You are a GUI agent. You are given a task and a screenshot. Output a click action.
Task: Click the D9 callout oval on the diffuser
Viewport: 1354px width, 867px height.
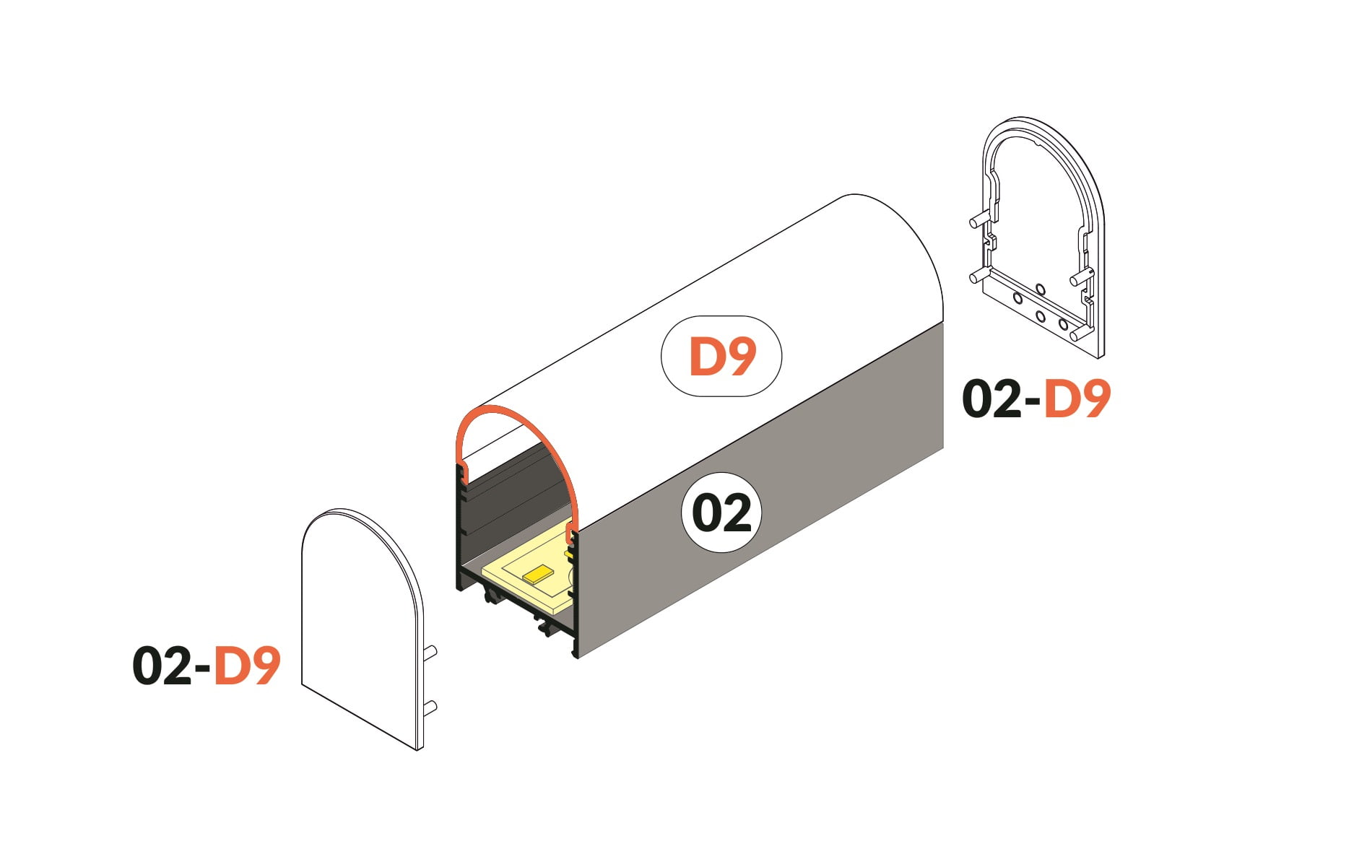721,356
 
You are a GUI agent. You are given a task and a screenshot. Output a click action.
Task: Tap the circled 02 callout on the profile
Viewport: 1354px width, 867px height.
721,513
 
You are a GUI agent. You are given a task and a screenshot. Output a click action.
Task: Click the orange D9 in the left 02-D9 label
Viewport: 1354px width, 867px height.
247,666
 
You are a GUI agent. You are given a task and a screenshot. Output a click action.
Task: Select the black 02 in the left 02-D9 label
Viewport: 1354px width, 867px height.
161,666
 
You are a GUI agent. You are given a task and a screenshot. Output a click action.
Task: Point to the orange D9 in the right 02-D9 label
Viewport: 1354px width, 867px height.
1077,399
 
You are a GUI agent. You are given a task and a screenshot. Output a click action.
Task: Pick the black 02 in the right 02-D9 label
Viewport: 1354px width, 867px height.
991,399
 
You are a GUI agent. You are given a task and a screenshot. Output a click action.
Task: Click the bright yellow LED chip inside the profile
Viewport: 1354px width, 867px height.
538,575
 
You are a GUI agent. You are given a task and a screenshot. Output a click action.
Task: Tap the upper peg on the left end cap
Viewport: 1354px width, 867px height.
430,653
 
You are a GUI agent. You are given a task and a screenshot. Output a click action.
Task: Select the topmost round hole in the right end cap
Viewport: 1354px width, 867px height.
1040,289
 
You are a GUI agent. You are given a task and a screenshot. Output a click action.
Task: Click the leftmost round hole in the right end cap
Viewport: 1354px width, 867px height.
1017,298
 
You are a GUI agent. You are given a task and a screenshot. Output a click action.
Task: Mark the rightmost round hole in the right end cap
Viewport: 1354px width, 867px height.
1063,325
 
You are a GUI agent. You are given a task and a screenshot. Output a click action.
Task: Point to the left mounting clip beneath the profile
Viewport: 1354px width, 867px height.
491,594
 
